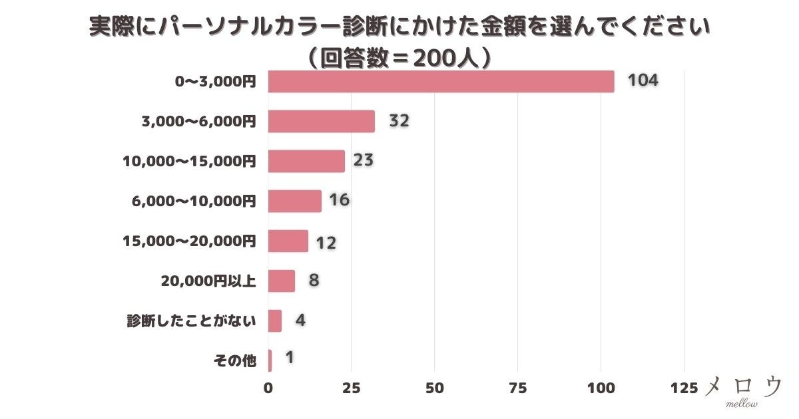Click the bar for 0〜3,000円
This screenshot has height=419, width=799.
pyautogui.click(x=441, y=82)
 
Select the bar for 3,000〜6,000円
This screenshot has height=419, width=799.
pyautogui.click(x=321, y=122)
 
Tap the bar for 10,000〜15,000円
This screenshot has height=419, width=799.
pyautogui.click(x=306, y=162)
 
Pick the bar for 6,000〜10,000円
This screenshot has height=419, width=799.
pyautogui.click(x=294, y=201)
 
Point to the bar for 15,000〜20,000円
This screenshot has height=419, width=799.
pyautogui.click(x=288, y=241)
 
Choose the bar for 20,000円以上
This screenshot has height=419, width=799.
pyautogui.click(x=281, y=281)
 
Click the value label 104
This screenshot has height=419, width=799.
pyautogui.click(x=643, y=81)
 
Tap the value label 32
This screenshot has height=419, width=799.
pyautogui.click(x=398, y=122)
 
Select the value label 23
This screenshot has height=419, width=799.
pyautogui.click(x=363, y=160)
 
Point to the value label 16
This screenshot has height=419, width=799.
pyautogui.click(x=339, y=200)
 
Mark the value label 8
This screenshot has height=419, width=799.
pyautogui.click(x=314, y=280)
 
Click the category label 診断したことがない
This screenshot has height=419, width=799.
pyautogui.click(x=191, y=321)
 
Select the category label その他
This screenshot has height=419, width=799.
pyautogui.click(x=234, y=360)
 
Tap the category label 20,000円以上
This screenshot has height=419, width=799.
pyautogui.click(x=208, y=281)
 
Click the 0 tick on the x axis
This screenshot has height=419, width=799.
pyautogui.click(x=268, y=388)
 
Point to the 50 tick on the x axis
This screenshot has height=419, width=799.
pyautogui.click(x=434, y=388)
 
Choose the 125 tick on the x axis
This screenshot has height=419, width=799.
pyautogui.click(x=683, y=388)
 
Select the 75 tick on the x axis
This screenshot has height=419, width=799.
pyautogui.click(x=517, y=388)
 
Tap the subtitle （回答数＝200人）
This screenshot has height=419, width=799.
pyautogui.click(x=400, y=59)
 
